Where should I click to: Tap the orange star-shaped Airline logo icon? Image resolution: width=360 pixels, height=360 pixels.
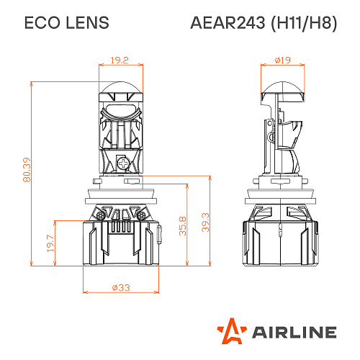tap(230, 330)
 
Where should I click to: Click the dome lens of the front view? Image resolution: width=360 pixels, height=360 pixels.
tap(120, 92)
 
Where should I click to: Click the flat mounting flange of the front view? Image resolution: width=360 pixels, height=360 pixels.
tap(120, 191)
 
